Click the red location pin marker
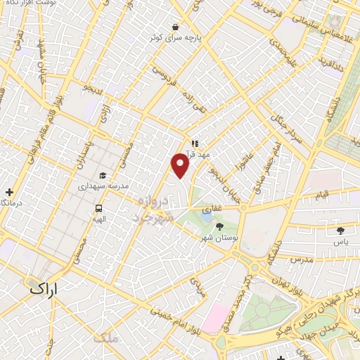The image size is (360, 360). click(x=181, y=165)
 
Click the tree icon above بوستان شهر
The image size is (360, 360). click(x=219, y=226)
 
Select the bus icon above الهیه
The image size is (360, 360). click(x=98, y=208)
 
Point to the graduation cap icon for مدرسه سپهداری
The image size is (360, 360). click(x=103, y=176)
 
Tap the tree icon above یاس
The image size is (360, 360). click(x=341, y=230)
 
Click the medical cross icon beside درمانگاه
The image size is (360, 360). click(x=9, y=191)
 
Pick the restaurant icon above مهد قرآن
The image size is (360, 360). click(x=195, y=143)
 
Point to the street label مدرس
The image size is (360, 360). click(x=300, y=259)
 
